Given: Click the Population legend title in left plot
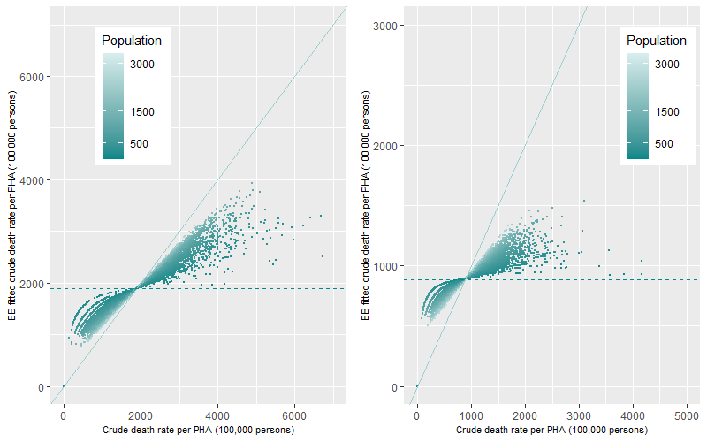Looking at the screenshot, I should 131,41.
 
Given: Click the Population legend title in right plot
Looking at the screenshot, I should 656,41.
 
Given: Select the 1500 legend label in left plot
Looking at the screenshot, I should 144,112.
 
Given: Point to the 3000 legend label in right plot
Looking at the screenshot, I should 669,65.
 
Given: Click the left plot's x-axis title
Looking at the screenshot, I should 198,430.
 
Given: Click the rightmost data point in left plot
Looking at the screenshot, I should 323,256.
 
